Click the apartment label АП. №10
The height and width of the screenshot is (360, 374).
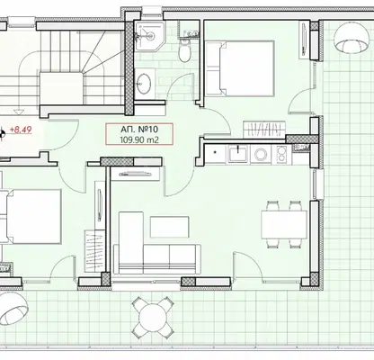[x=139, y=130]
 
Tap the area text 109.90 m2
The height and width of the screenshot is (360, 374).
[x=139, y=139]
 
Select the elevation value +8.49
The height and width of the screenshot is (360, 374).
[x=21, y=130]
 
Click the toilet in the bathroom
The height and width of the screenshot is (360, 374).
[x=184, y=51]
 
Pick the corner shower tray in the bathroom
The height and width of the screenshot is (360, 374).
[x=149, y=35]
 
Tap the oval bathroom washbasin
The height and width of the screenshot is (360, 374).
[x=144, y=83]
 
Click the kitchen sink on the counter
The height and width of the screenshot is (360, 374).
[x=238, y=154]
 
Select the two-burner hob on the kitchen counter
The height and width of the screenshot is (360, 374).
[x=281, y=154]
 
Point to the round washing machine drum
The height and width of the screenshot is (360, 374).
[x=260, y=154]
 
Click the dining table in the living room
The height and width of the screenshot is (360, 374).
[x=284, y=224]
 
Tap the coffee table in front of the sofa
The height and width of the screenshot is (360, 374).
[x=170, y=227]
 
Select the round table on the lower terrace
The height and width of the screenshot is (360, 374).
[x=153, y=318]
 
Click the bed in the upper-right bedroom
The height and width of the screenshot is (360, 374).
[x=240, y=68]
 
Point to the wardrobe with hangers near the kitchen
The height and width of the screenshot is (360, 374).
[x=264, y=129]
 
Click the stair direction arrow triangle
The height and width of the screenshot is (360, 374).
[x=19, y=112]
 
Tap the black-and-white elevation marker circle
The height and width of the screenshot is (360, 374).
[x=1, y=134]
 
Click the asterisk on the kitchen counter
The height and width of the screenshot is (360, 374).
[x=215, y=152]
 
